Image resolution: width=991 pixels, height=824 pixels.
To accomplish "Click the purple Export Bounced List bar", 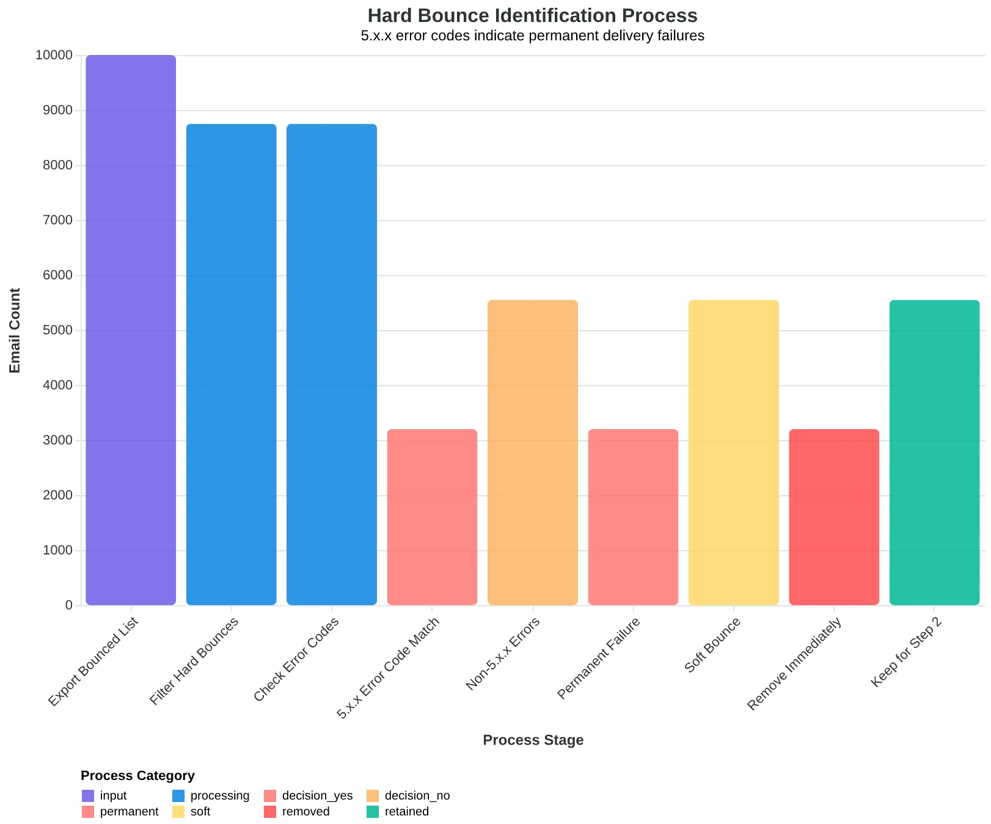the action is pos(131,330).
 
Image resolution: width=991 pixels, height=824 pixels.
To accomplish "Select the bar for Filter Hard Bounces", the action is pos(231,365).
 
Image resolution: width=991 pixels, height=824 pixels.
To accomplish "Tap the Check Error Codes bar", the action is pos(332,365).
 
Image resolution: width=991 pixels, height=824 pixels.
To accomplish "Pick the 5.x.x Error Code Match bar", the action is pos(432,517).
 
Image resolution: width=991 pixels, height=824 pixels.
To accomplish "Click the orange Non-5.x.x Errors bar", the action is pos(533,453).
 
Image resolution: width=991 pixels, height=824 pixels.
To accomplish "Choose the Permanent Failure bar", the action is pos(633,517).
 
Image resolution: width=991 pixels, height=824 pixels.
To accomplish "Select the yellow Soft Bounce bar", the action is pos(734,453).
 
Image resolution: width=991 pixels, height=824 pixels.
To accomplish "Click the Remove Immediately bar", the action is pos(834,517).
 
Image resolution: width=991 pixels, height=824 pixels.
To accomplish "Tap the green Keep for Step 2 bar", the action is pos(935,453).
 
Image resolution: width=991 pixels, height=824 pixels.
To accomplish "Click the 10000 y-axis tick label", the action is pos(54,55).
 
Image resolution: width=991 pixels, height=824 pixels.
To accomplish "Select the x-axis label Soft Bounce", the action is pos(712,646).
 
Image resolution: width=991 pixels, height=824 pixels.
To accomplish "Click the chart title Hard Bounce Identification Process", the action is pos(532,15).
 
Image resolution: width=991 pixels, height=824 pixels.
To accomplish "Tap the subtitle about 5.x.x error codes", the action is pos(532,35).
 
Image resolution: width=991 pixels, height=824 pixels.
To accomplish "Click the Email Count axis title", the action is pos(15,330).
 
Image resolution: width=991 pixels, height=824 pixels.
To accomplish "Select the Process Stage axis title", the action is pos(533,740).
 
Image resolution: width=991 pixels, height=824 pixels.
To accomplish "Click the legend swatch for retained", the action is pos(373,812).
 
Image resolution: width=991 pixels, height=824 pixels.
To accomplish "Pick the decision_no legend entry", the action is pos(408,795).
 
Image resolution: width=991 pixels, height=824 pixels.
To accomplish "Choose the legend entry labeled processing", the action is pos(211,795).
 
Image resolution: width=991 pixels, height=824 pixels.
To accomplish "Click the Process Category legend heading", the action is pos(137,776).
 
